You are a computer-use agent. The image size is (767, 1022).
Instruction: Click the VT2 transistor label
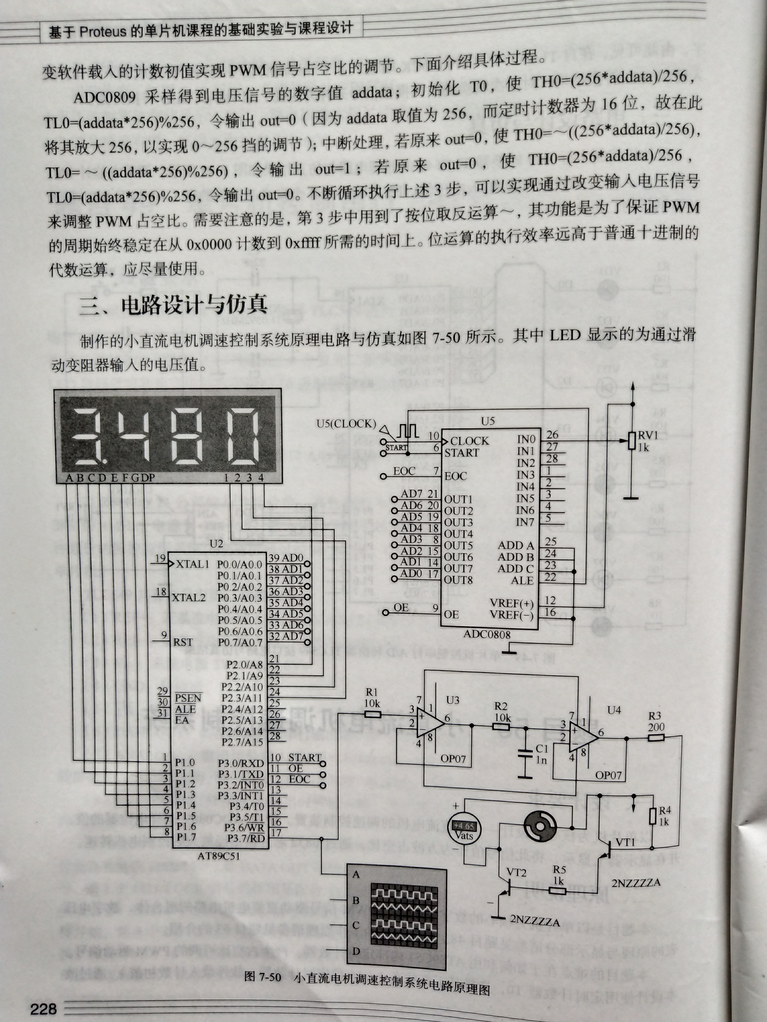(516, 872)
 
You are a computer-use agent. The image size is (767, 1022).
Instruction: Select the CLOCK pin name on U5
(469, 441)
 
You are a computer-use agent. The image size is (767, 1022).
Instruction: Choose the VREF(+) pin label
(512, 604)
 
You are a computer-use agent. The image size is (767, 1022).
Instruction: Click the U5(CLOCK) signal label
(346, 423)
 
